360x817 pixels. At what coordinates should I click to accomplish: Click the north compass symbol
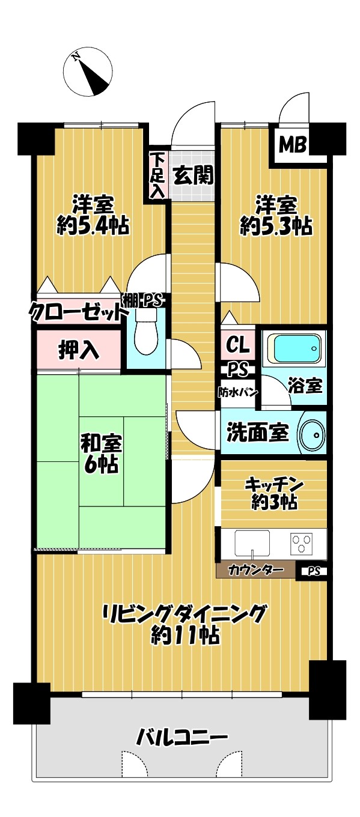click(x=88, y=72)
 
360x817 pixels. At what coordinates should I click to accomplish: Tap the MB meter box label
click(x=292, y=145)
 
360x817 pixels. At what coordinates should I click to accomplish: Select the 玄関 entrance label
click(x=193, y=177)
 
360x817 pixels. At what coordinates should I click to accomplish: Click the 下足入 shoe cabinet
click(x=157, y=175)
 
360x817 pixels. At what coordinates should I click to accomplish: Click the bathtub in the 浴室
click(x=294, y=348)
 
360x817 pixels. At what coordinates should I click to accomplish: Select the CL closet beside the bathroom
click(x=238, y=344)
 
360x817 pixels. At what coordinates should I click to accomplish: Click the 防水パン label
click(x=238, y=392)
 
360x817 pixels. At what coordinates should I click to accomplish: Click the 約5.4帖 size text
click(x=93, y=226)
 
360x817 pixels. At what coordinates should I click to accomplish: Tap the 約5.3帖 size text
click(x=276, y=226)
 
